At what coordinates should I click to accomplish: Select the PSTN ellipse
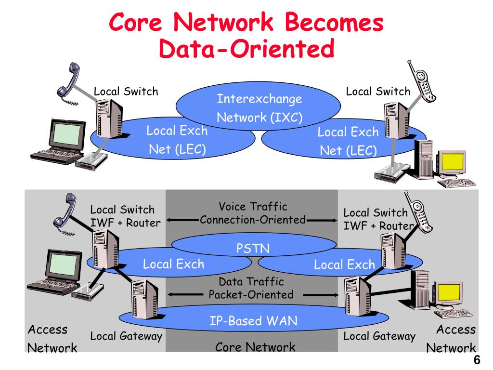pos(253,249)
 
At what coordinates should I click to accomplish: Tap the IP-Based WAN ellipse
pos(253,320)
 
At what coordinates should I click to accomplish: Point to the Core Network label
pos(255,347)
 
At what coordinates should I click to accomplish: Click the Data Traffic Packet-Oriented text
pos(251,288)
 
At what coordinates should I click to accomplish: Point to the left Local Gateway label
pos(126,336)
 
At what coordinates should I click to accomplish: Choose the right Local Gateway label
pos(379,336)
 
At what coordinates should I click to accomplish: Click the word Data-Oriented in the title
pos(246,48)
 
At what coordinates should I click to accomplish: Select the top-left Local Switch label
pos(126,91)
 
